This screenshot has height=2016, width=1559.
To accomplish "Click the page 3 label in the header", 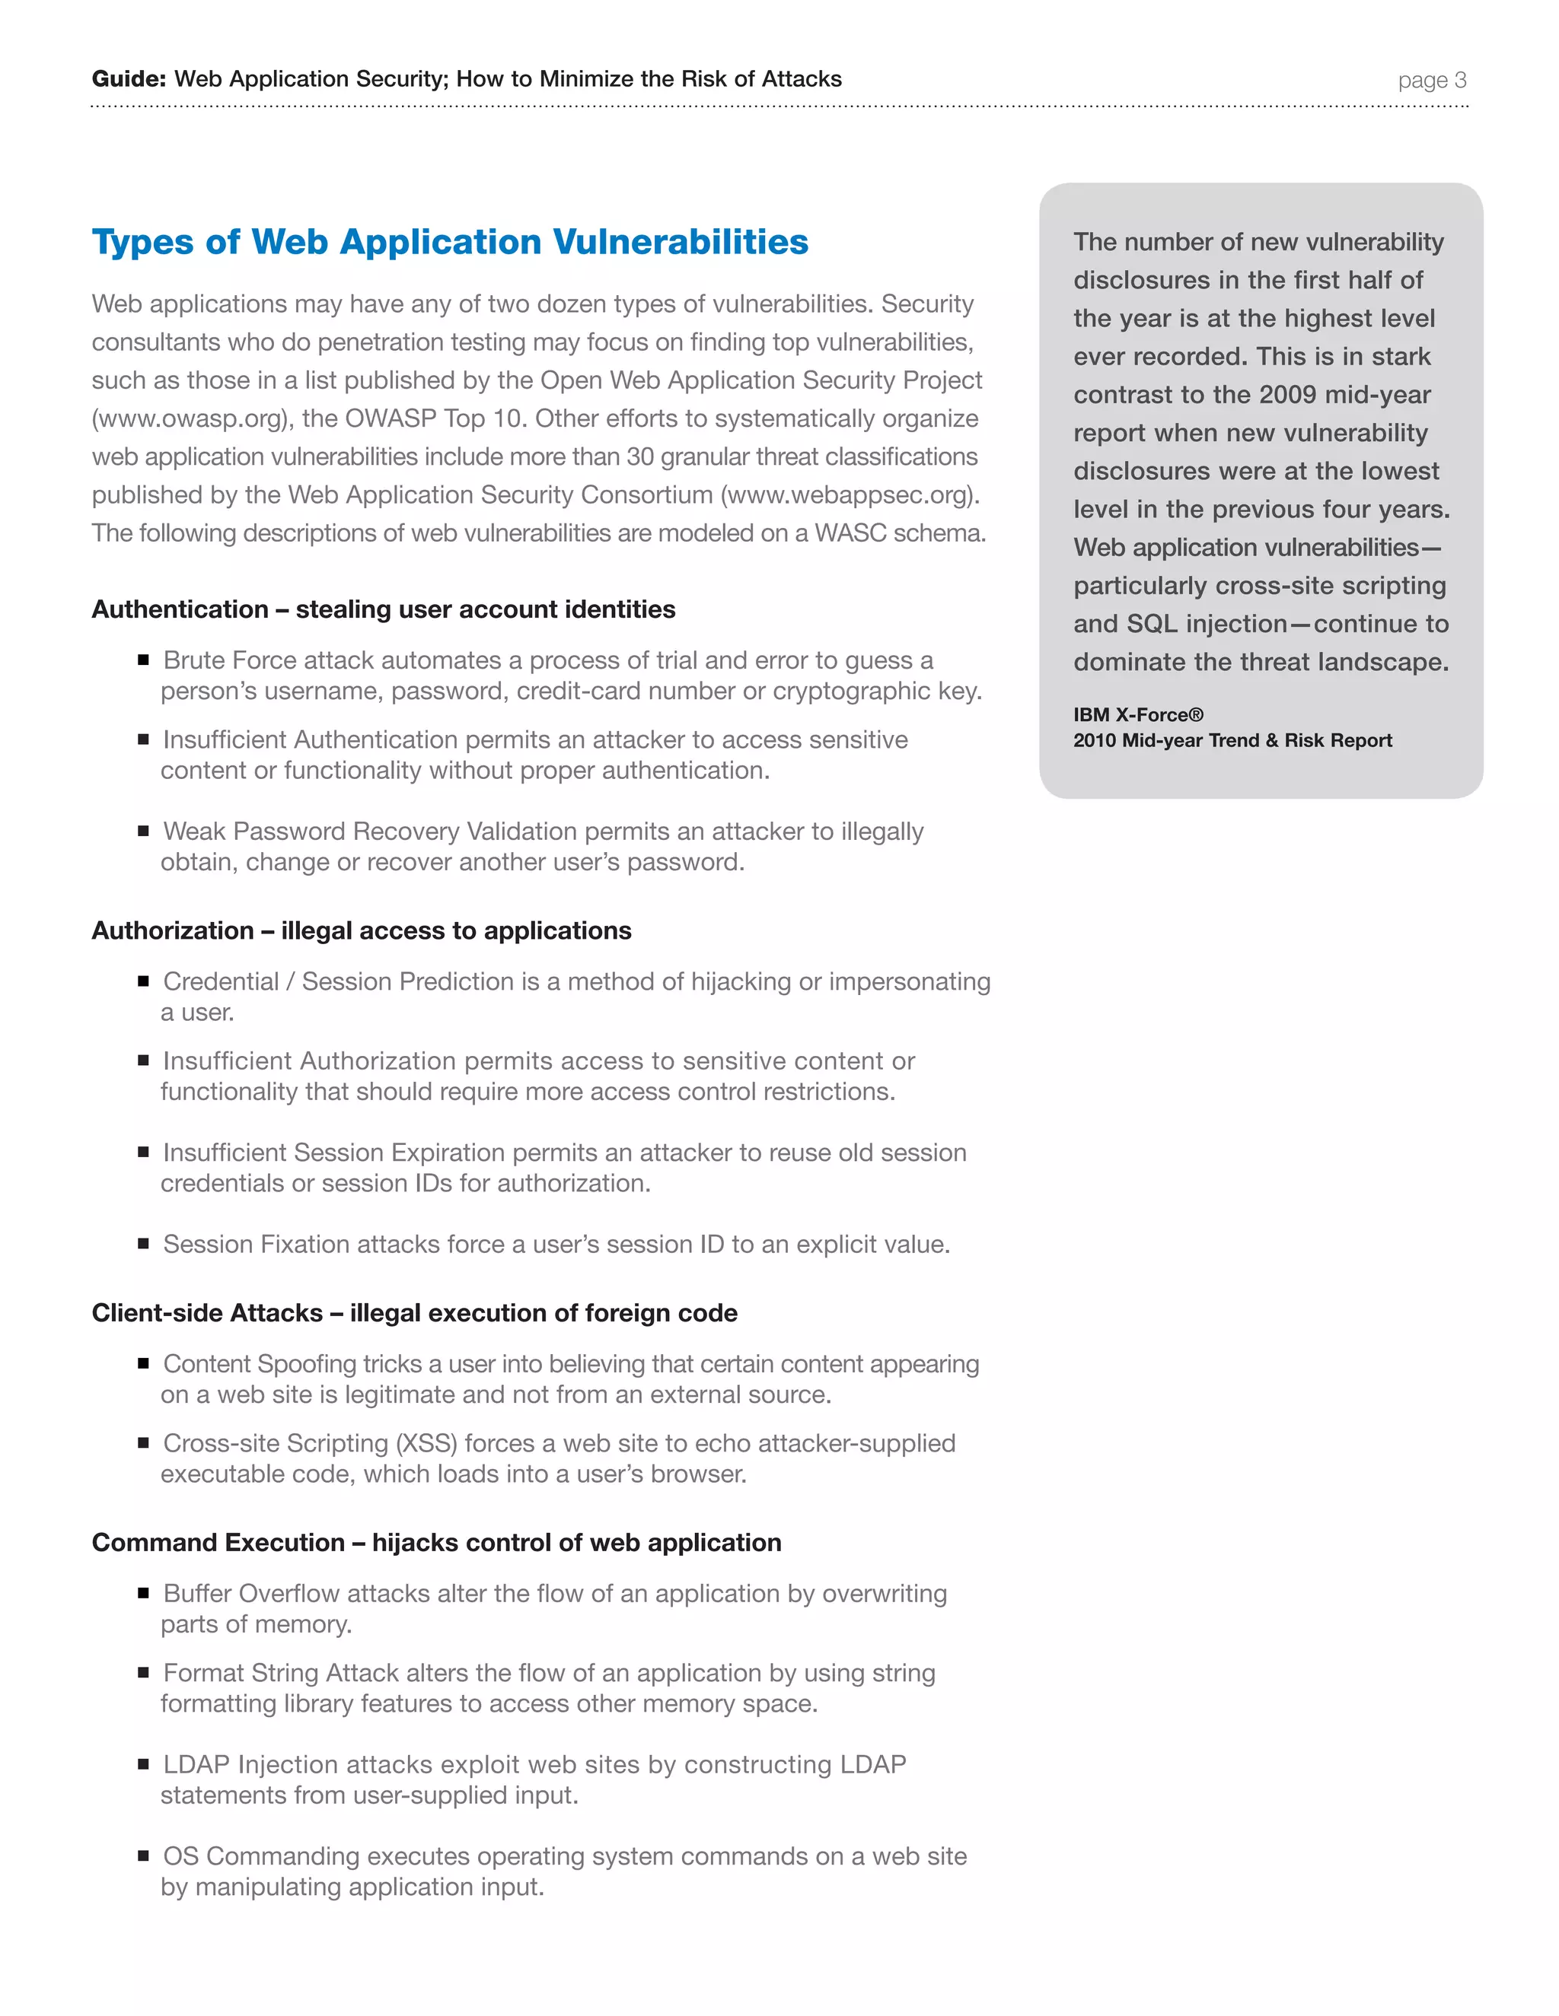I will (x=1432, y=81).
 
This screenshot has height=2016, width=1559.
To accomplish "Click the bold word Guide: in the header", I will (x=129, y=79).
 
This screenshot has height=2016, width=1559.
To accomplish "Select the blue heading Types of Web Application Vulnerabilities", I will (x=450, y=242).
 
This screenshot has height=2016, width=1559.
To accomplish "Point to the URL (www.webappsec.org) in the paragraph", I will (x=849, y=496).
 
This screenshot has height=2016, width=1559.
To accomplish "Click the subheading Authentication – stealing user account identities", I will (x=384, y=610).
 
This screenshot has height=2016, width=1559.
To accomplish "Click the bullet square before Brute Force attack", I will (x=143, y=660).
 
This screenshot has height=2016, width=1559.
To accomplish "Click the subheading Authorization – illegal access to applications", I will (x=361, y=931).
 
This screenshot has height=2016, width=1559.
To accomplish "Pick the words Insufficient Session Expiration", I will (x=333, y=1153).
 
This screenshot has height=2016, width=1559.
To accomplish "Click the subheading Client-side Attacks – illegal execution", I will (x=414, y=1314).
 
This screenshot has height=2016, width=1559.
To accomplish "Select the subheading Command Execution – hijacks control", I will (x=436, y=1544).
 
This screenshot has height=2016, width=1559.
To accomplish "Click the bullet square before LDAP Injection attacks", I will (x=143, y=1764).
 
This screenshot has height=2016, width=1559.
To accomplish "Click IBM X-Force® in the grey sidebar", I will (x=1138, y=715).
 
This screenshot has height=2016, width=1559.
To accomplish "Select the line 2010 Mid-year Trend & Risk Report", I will (x=1232, y=741).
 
